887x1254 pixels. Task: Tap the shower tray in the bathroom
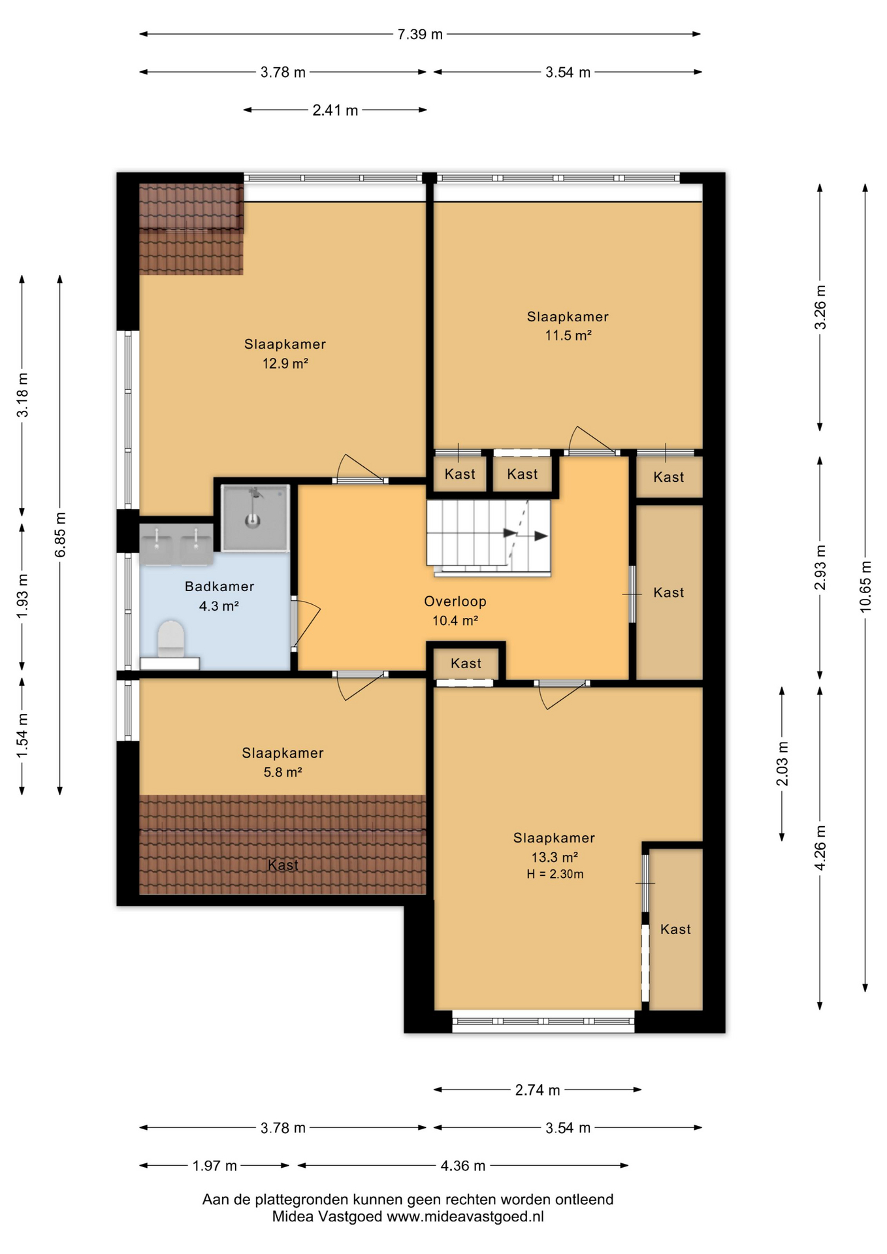tap(255, 518)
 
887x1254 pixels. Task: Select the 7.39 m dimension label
tap(420, 34)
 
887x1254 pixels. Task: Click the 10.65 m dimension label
tap(865, 586)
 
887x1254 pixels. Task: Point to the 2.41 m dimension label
tap(335, 110)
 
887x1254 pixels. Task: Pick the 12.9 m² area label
tap(285, 363)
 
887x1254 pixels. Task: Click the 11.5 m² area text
tap(568, 336)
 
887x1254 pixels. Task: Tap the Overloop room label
tap(455, 602)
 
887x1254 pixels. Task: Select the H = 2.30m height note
tap(555, 874)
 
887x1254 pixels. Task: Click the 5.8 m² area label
tap(282, 772)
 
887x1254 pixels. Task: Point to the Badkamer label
tap(219, 587)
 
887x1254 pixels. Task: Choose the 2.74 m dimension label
tap(538, 1090)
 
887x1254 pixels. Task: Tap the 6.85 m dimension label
tap(60, 535)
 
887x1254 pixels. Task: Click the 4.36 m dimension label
tap(462, 1166)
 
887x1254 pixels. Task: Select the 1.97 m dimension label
tap(214, 1166)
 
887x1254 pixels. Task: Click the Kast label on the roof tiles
tap(283, 865)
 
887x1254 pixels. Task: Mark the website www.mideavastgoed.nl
tap(465, 1217)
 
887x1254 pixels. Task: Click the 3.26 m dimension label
tap(820, 307)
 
